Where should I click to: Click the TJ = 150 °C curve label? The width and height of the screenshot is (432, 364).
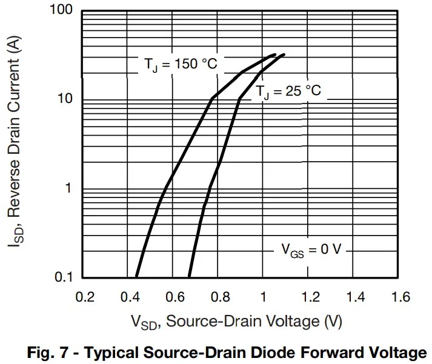point(181,64)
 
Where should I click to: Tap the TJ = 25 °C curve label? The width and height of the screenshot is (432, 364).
point(287,92)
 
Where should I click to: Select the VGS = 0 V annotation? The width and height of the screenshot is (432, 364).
point(311,250)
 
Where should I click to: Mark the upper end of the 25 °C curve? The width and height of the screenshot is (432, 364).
point(284,55)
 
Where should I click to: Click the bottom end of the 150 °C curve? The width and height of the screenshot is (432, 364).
point(136,276)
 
